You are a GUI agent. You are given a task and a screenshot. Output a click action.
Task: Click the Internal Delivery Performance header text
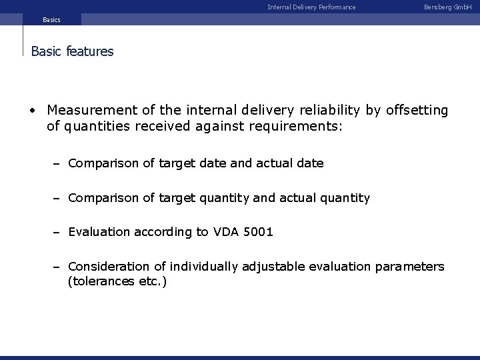311,7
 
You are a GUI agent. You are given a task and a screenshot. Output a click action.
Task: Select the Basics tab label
51,20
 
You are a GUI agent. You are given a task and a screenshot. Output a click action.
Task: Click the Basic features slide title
73,51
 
